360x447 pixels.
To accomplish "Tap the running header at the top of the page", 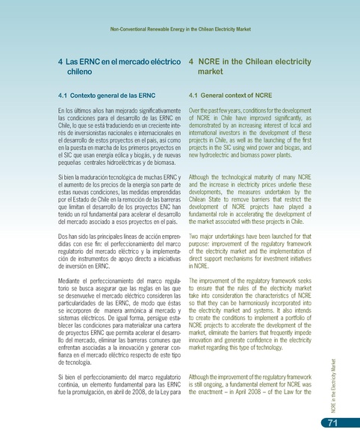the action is click(x=179, y=28).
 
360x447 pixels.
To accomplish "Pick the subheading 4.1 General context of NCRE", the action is click(x=231, y=96).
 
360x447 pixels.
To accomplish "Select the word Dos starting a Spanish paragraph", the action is click(x=64, y=236).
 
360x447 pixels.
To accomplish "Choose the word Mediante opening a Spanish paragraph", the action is click(x=72, y=279).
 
